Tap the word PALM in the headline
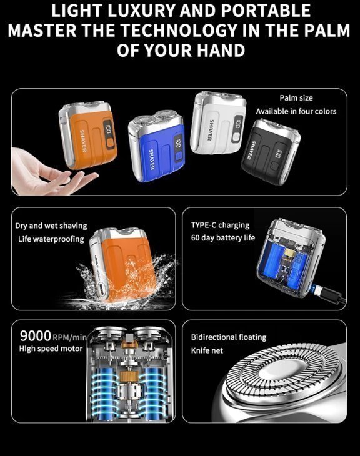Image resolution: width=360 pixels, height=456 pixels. click(x=326, y=30)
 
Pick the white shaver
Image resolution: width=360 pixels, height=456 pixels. click(x=218, y=122)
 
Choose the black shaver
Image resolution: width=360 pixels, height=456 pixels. click(x=271, y=151)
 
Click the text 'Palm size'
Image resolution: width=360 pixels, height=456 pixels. click(x=296, y=98)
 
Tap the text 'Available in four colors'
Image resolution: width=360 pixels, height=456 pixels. click(x=296, y=111)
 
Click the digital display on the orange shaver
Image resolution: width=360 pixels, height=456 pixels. click(x=108, y=130)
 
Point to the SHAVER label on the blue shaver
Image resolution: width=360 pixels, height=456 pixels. click(x=151, y=159)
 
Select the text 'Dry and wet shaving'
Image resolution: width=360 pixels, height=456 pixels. click(x=51, y=226)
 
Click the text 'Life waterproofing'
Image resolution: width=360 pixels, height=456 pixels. click(x=51, y=239)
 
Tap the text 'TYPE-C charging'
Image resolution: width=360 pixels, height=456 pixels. click(x=220, y=225)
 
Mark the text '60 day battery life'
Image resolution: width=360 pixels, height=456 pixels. click(x=223, y=238)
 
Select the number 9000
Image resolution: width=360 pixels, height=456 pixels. click(x=36, y=336)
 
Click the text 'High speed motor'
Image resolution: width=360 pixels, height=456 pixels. click(x=51, y=349)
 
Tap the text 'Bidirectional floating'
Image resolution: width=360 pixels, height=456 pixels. click(x=229, y=337)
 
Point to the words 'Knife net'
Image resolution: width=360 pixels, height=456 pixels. click(x=207, y=350)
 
